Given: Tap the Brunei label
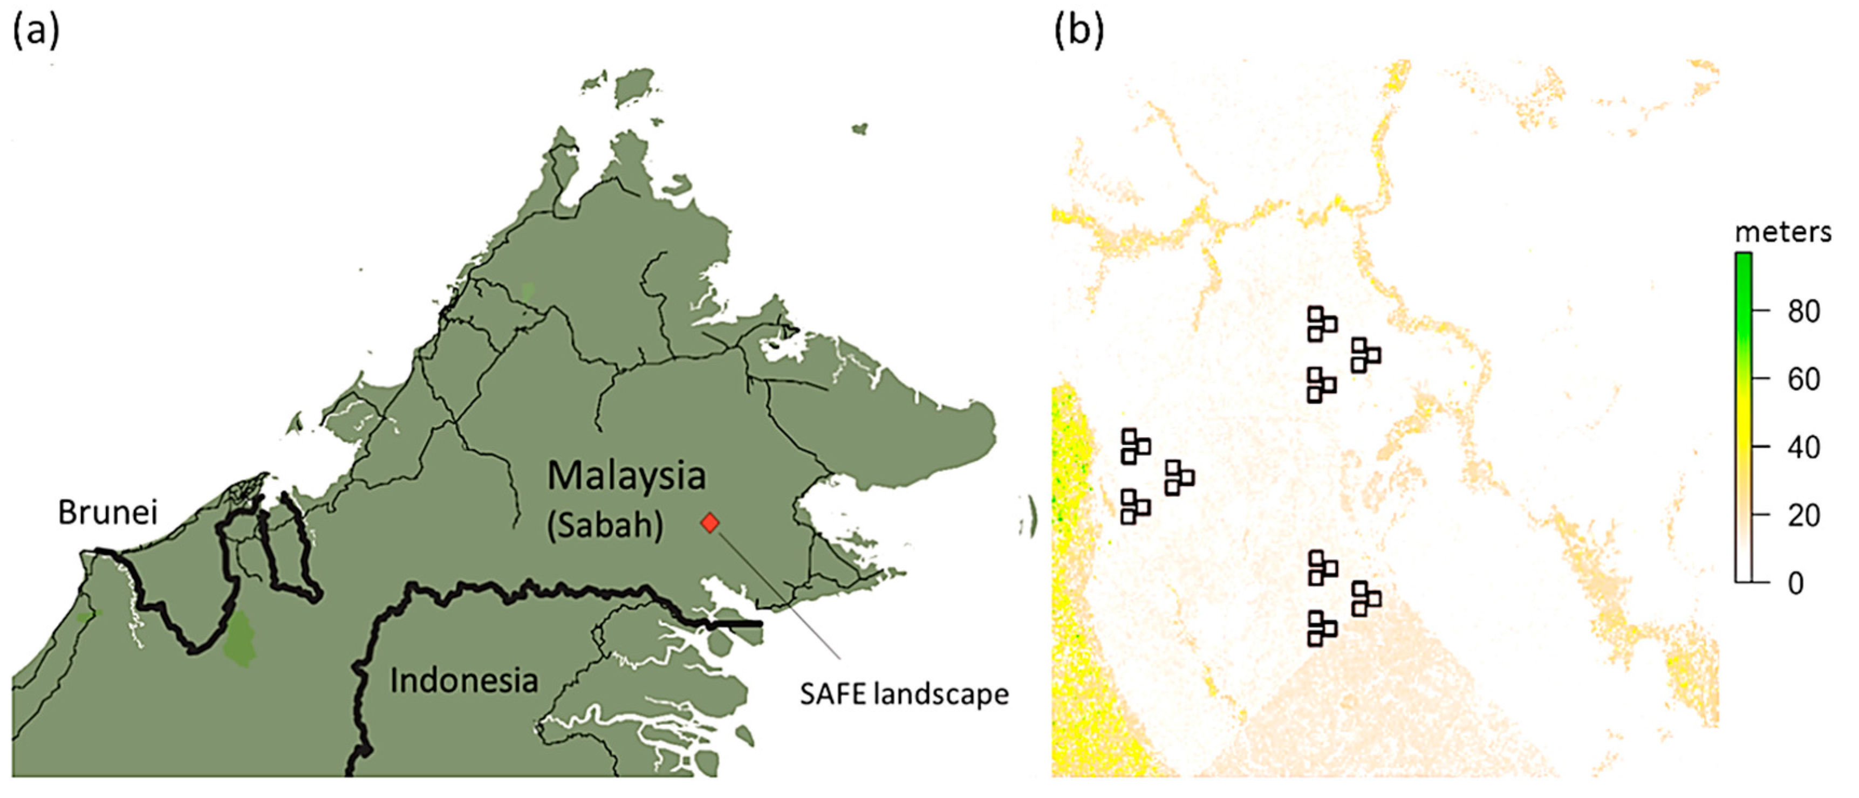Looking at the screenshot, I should pos(107,512).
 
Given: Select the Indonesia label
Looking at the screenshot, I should pos(464,681).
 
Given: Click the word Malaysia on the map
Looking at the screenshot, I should pos(626,476).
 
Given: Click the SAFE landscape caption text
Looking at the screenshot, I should pos(904,694).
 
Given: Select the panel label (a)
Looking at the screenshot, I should pos(36,32).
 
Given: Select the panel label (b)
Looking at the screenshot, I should pos(1079,32).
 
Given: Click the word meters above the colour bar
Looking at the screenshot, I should pos(1782,232).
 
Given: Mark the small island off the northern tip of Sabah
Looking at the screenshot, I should pos(859,129).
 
